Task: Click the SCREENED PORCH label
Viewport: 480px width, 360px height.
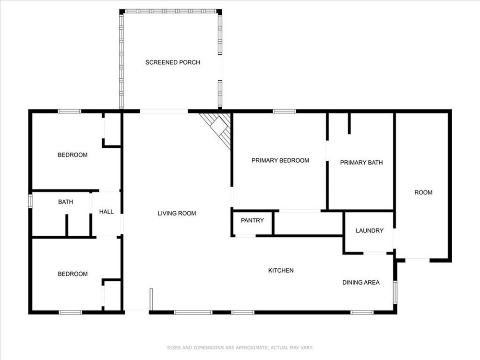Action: [x=173, y=62]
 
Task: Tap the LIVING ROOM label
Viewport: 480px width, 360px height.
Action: [x=177, y=214]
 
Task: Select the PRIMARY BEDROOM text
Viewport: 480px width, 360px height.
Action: [x=280, y=160]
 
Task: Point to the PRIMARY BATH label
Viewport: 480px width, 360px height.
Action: [x=361, y=163]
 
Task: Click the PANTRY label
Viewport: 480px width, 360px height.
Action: [x=252, y=220]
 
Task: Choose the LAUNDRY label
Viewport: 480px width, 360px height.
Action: [x=370, y=230]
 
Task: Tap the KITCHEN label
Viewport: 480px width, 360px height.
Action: [x=281, y=270]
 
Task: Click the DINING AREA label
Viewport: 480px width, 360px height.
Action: [x=361, y=283]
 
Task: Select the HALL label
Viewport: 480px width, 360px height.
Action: [x=106, y=212]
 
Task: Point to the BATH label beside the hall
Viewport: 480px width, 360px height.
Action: [x=65, y=202]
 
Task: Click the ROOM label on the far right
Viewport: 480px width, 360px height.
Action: [x=423, y=192]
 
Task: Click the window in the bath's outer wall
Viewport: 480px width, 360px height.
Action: [x=30, y=201]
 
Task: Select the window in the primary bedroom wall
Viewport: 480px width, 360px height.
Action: [x=284, y=111]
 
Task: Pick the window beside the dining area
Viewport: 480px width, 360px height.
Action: [x=395, y=292]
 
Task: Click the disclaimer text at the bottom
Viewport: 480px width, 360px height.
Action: [x=240, y=348]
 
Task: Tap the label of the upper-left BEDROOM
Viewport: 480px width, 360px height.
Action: [x=72, y=155]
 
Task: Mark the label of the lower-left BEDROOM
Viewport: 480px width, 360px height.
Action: [x=72, y=274]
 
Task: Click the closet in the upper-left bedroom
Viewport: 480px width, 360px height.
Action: [x=112, y=129]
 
